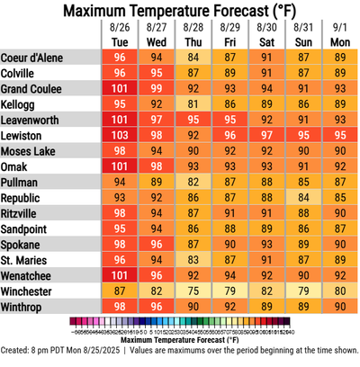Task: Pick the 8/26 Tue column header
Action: tap(120, 35)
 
